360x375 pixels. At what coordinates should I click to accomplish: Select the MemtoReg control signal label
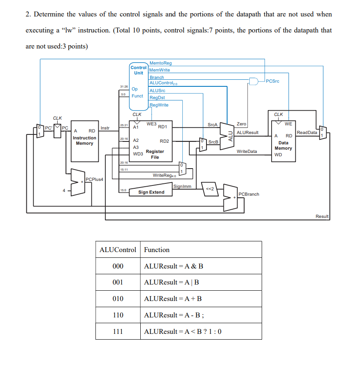(x=160, y=63)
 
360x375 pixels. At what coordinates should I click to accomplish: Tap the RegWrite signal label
(x=159, y=105)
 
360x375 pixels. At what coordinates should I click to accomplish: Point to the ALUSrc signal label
(x=157, y=90)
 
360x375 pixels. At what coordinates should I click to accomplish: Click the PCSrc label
(x=272, y=81)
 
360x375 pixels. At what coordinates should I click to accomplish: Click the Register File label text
(x=155, y=154)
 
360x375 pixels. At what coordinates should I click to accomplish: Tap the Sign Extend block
(x=151, y=192)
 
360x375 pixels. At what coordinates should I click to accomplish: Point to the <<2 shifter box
(x=209, y=189)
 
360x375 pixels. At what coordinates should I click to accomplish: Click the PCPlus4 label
(x=94, y=179)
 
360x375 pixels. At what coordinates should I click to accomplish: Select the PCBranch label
(x=249, y=194)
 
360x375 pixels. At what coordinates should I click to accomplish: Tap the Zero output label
(x=242, y=124)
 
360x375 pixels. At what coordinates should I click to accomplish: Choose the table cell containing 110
(x=118, y=315)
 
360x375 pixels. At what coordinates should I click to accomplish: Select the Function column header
(x=157, y=250)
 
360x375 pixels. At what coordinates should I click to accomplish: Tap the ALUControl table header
(x=118, y=250)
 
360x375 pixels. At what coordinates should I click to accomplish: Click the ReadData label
(x=307, y=132)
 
